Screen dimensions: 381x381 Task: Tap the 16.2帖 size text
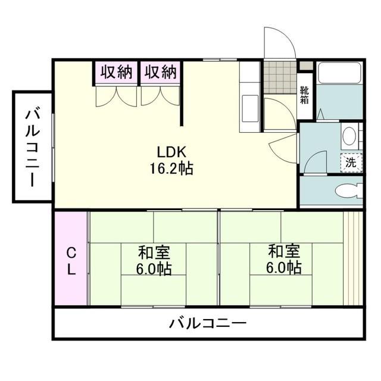tap(171, 168)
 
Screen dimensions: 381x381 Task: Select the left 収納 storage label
tap(115, 73)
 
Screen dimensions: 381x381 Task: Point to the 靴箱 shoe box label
tap(305, 95)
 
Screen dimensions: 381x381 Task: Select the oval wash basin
tap(349, 137)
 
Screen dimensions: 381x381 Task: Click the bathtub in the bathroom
tap(340, 73)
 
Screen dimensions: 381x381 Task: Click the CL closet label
tap(71, 260)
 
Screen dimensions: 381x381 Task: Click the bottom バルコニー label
tap(207, 324)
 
